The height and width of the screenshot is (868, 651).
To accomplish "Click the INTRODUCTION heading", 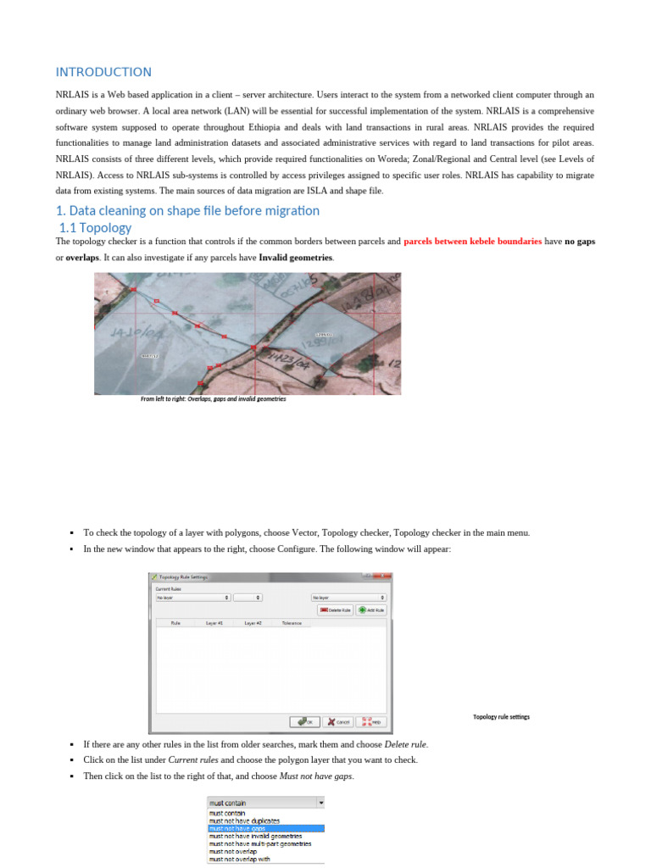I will pyautogui.click(x=103, y=72).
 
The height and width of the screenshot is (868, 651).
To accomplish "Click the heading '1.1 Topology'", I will pyautogui.click(x=95, y=227).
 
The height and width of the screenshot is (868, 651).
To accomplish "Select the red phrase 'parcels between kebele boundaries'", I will pyautogui.click(x=472, y=242).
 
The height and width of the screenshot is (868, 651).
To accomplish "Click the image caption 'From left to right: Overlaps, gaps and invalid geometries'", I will pyautogui.click(x=213, y=398).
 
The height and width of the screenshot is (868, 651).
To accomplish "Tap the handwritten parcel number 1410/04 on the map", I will pyautogui.click(x=125, y=331).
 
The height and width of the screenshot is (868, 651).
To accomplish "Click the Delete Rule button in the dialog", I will pyautogui.click(x=335, y=609).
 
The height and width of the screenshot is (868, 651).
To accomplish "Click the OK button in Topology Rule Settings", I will pyautogui.click(x=304, y=721).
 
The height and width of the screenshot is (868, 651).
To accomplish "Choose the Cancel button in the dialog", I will pyautogui.click(x=338, y=721).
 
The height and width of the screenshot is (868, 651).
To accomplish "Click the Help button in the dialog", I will pyautogui.click(x=372, y=721).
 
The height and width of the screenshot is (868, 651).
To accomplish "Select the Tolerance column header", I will pyautogui.click(x=292, y=623).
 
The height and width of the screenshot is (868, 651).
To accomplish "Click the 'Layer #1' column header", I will pyautogui.click(x=214, y=623).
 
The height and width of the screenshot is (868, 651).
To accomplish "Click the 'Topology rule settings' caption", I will pyautogui.click(x=501, y=717).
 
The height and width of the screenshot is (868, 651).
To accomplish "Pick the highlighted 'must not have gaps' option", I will pyautogui.click(x=265, y=828).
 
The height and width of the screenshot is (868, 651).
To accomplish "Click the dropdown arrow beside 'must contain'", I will pyautogui.click(x=320, y=802).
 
